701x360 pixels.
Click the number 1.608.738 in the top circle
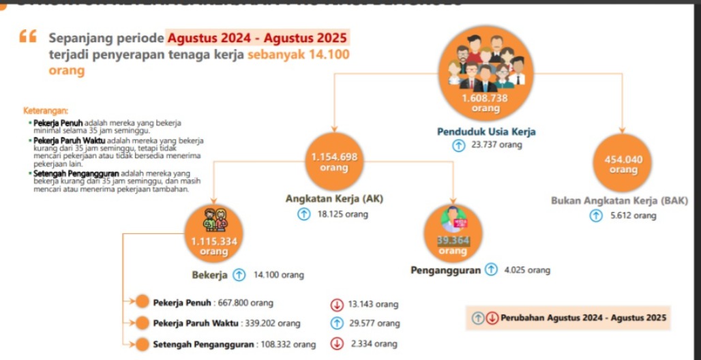[x=485, y=98]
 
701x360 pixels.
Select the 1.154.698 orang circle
[x=334, y=162]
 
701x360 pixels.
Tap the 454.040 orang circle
[x=623, y=164]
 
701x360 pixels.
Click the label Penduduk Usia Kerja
[x=486, y=132]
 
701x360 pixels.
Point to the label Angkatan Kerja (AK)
[x=334, y=199]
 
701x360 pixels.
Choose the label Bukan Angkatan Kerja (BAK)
[x=619, y=201]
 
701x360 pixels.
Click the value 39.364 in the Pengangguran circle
[x=453, y=241]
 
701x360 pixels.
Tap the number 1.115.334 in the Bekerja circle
[x=214, y=241]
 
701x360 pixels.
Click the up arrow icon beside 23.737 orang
[x=459, y=145]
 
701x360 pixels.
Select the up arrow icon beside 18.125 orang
[x=304, y=214]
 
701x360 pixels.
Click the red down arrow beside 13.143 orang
[x=336, y=303]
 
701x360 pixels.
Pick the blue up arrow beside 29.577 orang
[x=336, y=323]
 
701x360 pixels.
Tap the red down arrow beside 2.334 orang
[x=336, y=344]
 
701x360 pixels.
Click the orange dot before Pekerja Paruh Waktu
[x=143, y=323]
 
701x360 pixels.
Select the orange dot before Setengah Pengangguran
[x=143, y=344]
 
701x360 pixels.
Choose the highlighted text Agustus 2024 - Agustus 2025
[x=258, y=37]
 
